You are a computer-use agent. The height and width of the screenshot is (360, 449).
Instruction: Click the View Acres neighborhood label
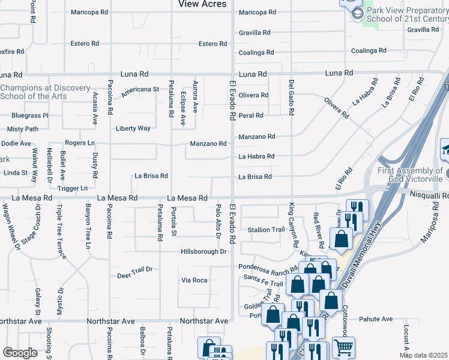pos(202,4)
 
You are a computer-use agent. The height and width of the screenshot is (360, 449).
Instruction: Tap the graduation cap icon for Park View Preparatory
pos(357,13)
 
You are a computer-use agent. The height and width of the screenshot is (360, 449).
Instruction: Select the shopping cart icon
pos(343,347)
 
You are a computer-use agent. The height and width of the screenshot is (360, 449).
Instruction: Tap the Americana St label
pos(139,89)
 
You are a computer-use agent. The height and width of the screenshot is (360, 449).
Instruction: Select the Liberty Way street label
pos(133,128)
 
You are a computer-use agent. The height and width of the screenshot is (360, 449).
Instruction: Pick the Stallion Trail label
pos(266,230)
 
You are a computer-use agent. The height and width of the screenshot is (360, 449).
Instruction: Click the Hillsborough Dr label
pos(203,251)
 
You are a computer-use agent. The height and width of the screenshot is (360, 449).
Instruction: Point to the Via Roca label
pos(194,280)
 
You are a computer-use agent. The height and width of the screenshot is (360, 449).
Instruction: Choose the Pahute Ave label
pos(375,319)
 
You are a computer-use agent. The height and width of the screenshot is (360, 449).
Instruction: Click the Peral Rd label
pos(251,115)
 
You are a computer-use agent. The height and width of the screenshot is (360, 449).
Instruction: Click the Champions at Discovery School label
pos(45,92)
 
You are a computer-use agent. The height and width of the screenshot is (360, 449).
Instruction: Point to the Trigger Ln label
pos(73,188)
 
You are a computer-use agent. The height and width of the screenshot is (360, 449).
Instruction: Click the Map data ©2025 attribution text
pos(424,355)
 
